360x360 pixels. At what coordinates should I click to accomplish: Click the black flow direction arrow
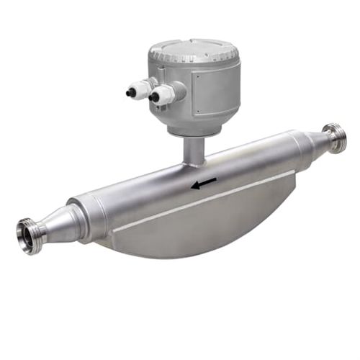(203, 184)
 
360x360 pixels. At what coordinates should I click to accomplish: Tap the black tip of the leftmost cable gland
(130, 92)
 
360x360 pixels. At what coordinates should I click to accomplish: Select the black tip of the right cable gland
(153, 94)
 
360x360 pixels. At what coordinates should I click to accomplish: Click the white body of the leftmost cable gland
(142, 89)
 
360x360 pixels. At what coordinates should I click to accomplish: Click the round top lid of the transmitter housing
(194, 49)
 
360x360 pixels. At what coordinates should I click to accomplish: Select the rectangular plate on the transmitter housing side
(217, 94)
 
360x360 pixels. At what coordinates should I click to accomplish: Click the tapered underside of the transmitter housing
(198, 128)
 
